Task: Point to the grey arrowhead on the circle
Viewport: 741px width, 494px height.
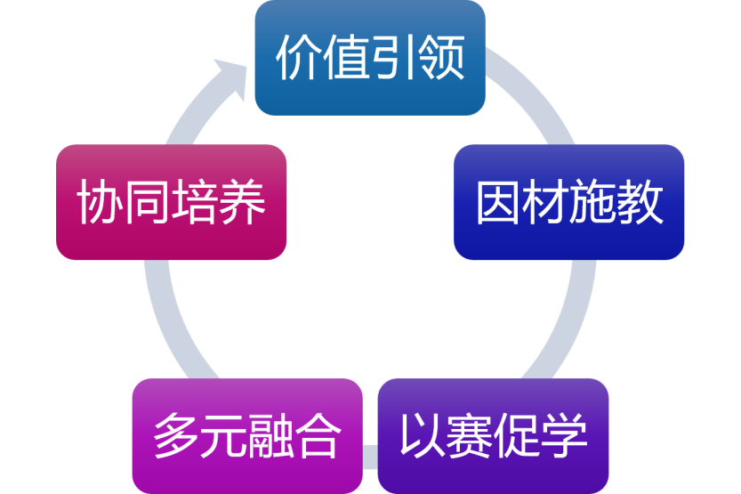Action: pyautogui.click(x=234, y=74)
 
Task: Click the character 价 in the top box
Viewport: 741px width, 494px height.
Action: pyautogui.click(x=298, y=59)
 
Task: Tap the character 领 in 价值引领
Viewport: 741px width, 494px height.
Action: pyautogui.click(x=442, y=59)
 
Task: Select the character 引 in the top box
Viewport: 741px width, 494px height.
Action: pyautogui.click(x=394, y=59)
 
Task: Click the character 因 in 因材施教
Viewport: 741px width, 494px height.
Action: pyautogui.click(x=498, y=204)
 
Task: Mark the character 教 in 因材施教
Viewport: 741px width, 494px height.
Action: pyautogui.click(x=641, y=204)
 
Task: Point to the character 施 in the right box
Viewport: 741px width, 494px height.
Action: pyautogui.click(x=593, y=204)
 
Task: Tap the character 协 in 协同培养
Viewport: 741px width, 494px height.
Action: pyautogui.click(x=99, y=203)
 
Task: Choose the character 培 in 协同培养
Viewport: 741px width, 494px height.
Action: pyautogui.click(x=195, y=203)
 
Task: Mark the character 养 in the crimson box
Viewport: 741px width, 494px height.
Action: pyautogui.click(x=243, y=203)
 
